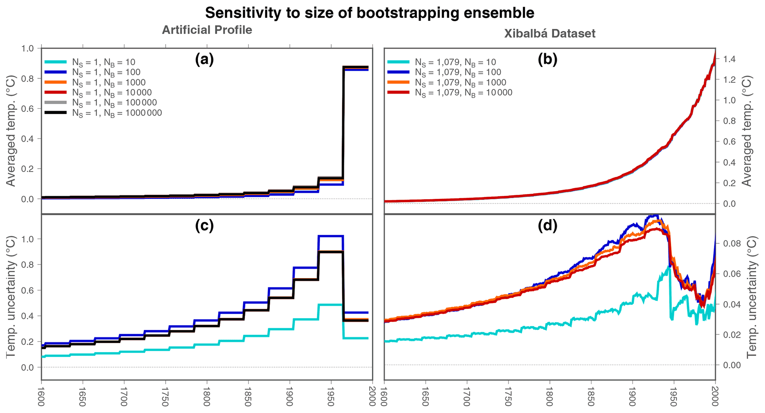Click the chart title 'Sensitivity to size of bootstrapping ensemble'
369,13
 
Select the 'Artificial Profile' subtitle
207,30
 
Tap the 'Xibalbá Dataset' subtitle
550,34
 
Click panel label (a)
204,60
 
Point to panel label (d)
547,226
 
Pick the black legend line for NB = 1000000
56,113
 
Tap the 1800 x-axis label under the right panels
550,396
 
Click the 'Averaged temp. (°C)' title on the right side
748,131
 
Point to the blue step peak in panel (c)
331,236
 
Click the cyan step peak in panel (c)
331,304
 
